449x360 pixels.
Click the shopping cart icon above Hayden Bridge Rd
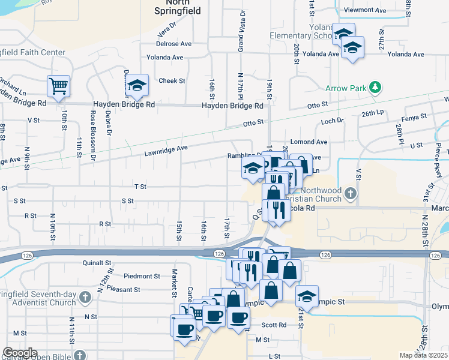pyautogui.click(x=59, y=86)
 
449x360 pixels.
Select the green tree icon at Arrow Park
pyautogui.click(x=376, y=88)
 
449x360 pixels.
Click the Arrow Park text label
pyautogui.click(x=346, y=88)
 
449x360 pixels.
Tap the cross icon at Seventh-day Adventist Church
pyautogui.click(x=85, y=297)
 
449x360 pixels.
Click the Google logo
pyautogui.click(x=20, y=353)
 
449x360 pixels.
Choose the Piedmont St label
pyautogui.click(x=142, y=277)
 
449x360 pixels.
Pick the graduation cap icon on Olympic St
pyautogui.click(x=307, y=296)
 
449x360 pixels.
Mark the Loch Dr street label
pyautogui.click(x=332, y=121)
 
